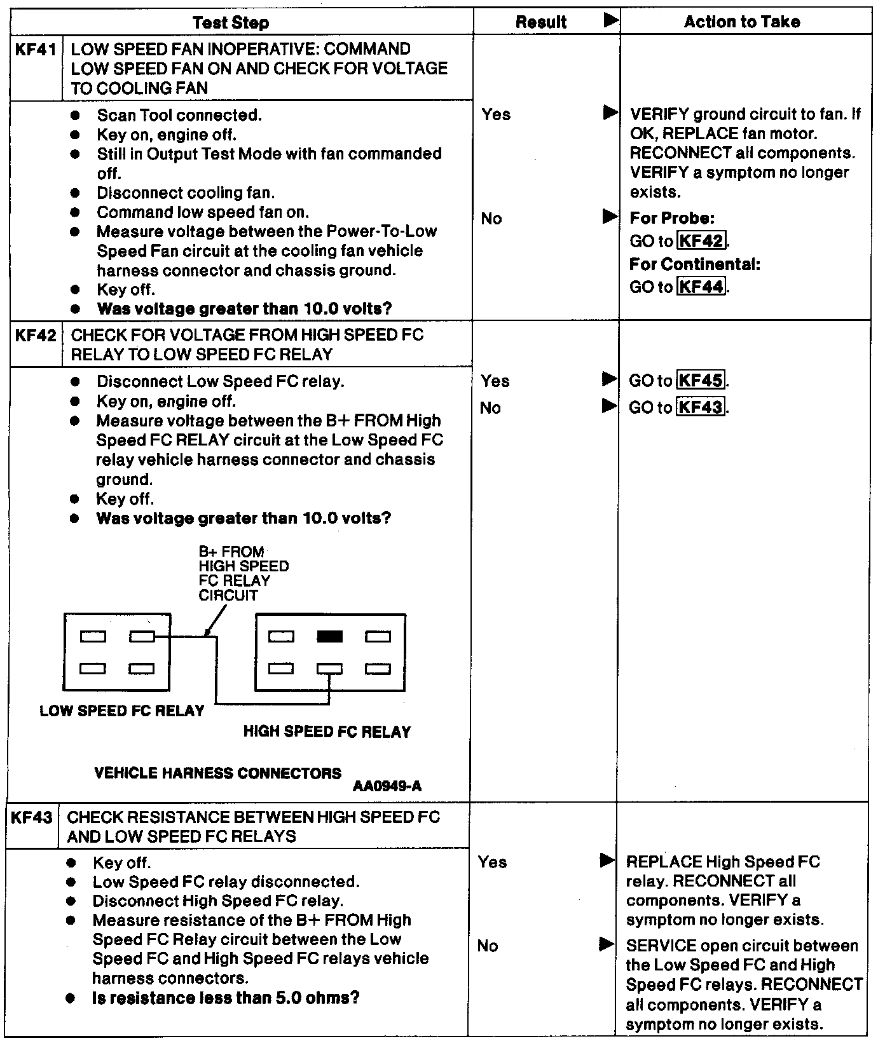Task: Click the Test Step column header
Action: coord(231,23)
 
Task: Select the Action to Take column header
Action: coord(741,22)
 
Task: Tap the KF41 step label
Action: coord(36,50)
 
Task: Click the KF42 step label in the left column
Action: coord(36,335)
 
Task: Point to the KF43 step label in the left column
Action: coord(32,817)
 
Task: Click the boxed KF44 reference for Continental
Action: coord(701,287)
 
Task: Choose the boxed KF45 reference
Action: coord(701,381)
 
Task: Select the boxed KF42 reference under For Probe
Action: coord(701,241)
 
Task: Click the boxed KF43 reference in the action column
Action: coord(701,407)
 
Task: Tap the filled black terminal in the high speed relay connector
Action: coord(329,636)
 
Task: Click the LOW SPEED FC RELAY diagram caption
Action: coord(122,711)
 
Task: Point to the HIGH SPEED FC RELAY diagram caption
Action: coord(327,731)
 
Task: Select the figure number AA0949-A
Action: coord(387,786)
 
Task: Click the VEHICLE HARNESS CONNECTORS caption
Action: coord(217,773)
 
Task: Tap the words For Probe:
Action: coord(672,218)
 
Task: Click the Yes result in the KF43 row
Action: coord(492,862)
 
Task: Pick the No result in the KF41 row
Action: coord(491,219)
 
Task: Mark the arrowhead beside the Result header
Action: coord(610,21)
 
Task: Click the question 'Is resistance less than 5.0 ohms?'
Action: coord(226,998)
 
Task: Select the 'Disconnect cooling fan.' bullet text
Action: coord(186,193)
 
